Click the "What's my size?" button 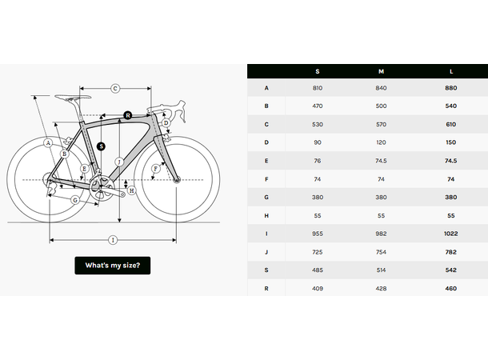[112, 266]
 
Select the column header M [381, 71]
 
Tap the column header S [318, 71]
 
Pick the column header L [450, 71]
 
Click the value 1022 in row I [450, 234]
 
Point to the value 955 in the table [318, 234]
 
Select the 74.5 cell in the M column [381, 160]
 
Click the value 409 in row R [318, 287]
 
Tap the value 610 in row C [450, 124]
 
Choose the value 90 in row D [318, 142]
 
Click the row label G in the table [266, 196]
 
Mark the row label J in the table [266, 252]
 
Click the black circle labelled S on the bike [101, 146]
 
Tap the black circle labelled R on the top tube [127, 116]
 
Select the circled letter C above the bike [115, 88]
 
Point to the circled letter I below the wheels [113, 239]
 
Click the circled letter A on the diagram [49, 142]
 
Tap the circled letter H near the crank [132, 190]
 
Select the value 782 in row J [450, 252]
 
